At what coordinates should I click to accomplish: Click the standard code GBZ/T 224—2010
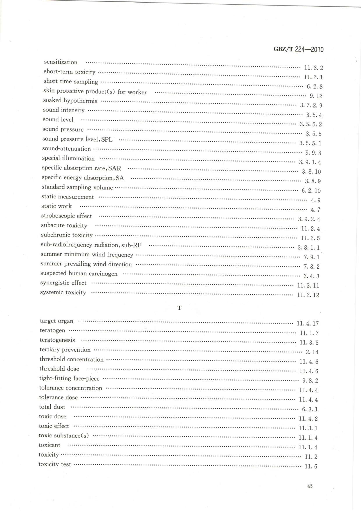click(x=299, y=49)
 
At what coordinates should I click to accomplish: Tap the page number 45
click(x=310, y=486)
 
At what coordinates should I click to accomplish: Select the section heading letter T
click(x=179, y=308)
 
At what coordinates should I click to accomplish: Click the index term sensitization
click(x=61, y=62)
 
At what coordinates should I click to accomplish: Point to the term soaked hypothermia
click(x=70, y=101)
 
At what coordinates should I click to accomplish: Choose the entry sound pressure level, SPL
click(x=77, y=139)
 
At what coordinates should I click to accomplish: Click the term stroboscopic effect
click(x=66, y=216)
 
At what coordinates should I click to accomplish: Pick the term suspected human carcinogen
click(x=79, y=274)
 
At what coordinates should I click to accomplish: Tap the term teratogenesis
click(x=57, y=340)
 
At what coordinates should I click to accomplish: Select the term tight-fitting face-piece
click(x=69, y=378)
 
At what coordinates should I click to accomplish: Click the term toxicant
click(x=49, y=445)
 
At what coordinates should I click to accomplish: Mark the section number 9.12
click(x=316, y=96)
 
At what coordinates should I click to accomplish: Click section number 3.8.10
click(x=311, y=172)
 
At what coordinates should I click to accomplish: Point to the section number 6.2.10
click(x=311, y=191)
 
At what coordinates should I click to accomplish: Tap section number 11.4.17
click(x=308, y=324)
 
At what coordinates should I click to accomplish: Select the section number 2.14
click(x=312, y=352)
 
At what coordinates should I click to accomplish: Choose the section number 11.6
click(x=311, y=466)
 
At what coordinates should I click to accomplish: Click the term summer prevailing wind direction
click(x=86, y=264)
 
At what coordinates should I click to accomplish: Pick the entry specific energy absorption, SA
click(x=83, y=178)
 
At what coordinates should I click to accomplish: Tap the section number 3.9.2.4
click(x=309, y=219)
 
